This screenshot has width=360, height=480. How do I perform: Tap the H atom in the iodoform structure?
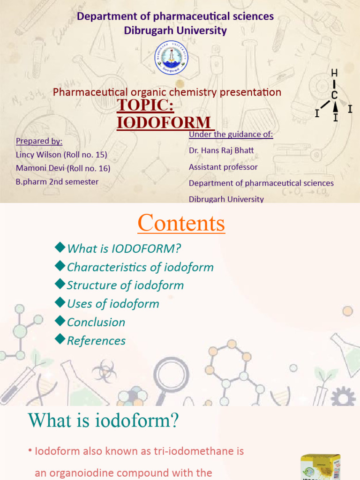[334, 73]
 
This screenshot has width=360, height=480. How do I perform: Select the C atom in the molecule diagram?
[334, 95]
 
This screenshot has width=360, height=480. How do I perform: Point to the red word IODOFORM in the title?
[164, 123]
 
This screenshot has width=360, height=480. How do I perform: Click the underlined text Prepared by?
[39, 141]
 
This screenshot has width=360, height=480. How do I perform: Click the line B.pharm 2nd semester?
[57, 181]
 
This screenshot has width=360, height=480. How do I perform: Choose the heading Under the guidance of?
[231, 135]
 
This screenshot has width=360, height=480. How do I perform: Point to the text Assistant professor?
[223, 167]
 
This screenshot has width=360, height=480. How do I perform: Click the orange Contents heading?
[181, 224]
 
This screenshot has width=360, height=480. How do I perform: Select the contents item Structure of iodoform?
[125, 285]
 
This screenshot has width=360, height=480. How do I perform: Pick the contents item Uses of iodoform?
[113, 303]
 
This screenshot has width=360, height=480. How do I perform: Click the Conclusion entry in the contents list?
[96, 322]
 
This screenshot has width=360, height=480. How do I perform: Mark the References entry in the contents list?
[96, 340]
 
